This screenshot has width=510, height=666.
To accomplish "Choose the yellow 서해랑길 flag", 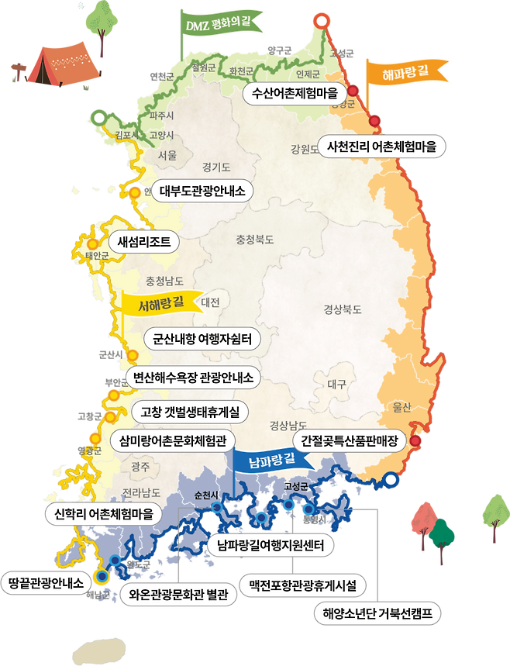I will [160, 303].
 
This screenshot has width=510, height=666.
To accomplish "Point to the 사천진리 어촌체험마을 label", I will [381, 146].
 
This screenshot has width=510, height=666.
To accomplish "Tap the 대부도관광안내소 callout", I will [202, 190].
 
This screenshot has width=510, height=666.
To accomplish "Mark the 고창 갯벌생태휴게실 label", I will [189, 410].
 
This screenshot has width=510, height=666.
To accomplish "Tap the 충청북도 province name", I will [255, 240].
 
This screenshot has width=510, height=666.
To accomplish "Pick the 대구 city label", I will [336, 384].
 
